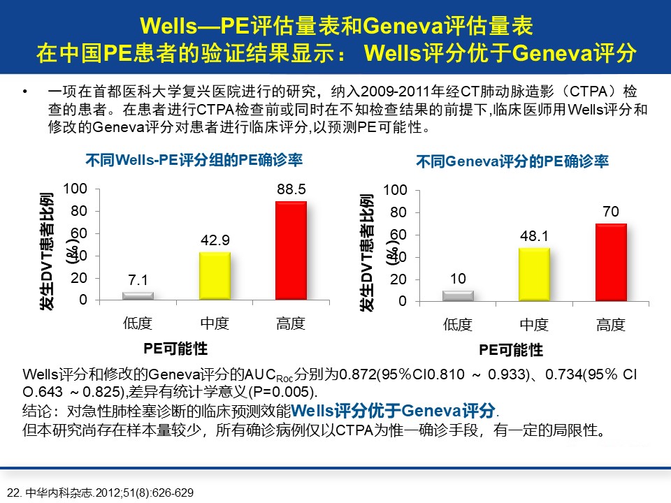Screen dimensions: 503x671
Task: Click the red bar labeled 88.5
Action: coord(291,251)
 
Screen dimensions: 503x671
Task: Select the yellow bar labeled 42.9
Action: coord(215,276)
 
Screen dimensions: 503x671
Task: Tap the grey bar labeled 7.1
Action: coord(138,296)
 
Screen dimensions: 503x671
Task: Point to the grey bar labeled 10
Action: coord(458,296)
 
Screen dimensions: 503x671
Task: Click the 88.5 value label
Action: coord(291,189)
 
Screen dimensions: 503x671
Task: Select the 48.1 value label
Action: coord(534,237)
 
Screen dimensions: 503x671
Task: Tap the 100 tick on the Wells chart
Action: coord(75,189)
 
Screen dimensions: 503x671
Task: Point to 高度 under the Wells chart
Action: coord(291,323)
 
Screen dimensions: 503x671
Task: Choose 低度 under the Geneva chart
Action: coord(458,324)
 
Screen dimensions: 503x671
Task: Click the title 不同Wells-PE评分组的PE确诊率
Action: coord(194,160)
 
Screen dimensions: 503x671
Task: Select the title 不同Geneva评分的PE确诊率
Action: coord(512,161)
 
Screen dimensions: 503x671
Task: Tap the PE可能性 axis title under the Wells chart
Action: coord(175,348)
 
